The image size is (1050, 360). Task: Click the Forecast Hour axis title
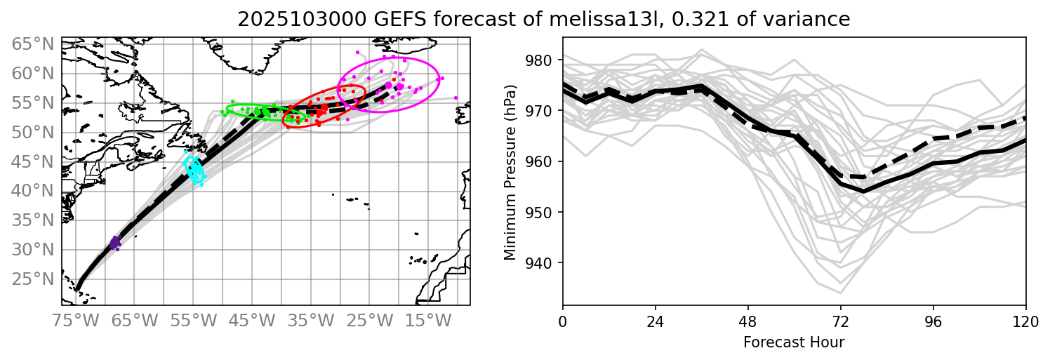[794, 342]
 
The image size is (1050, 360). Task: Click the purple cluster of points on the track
[114, 244]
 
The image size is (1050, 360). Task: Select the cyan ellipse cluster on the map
[194, 168]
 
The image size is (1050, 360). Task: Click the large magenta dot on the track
[389, 85]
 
